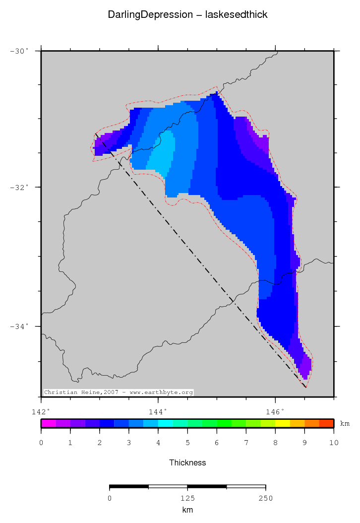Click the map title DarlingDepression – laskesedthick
[187, 15]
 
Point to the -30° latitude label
[19, 51]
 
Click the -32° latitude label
[19, 187]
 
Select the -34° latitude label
[19, 326]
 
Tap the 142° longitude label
[41, 411]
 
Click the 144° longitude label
[158, 411]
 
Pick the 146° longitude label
[275, 411]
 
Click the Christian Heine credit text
[118, 392]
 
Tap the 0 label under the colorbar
[41, 442]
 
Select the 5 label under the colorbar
[187, 442]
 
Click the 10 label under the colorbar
[333, 442]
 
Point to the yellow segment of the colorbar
[282, 423]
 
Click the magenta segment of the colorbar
[48, 423]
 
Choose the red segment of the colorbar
[326, 423]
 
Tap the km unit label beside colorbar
[345, 423]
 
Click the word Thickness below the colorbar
[187, 462]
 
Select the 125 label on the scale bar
[187, 498]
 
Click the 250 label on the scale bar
[265, 498]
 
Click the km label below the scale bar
[187, 510]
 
